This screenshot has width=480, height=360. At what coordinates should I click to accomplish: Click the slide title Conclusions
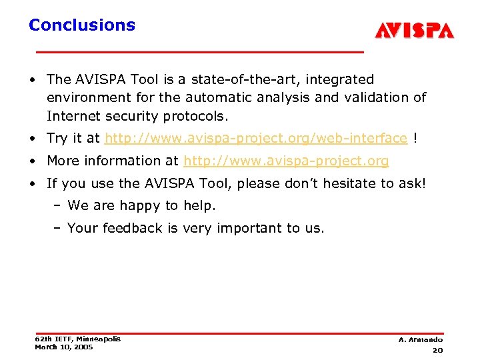[81, 25]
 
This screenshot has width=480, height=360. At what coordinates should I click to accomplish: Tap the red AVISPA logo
[414, 31]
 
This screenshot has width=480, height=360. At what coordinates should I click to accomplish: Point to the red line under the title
[199, 51]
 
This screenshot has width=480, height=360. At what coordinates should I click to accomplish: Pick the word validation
[376, 97]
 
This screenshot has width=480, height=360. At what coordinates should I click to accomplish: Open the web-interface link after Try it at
[255, 138]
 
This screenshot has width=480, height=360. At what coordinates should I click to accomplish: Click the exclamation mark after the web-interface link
[416, 138]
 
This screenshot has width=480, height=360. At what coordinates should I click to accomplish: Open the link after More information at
[286, 161]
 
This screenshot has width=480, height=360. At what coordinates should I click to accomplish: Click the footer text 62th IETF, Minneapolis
[77, 339]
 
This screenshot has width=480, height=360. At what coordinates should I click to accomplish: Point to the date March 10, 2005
[64, 347]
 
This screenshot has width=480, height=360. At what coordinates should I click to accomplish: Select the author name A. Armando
[420, 340]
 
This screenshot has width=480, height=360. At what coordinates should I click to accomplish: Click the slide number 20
[437, 350]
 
